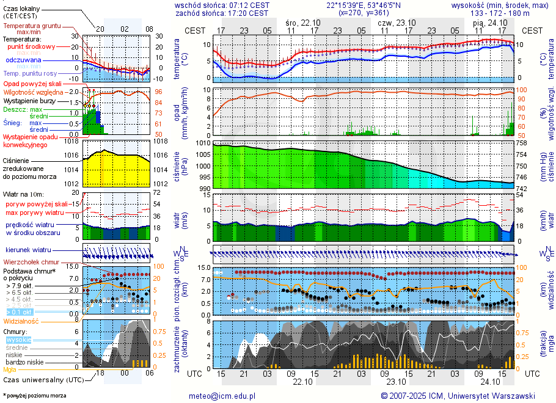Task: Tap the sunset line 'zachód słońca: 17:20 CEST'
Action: (x=222, y=13)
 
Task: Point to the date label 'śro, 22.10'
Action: (x=303, y=22)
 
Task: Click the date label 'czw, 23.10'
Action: (x=397, y=22)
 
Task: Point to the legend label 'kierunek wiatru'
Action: (x=28, y=250)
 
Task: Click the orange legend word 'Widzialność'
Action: (x=21, y=321)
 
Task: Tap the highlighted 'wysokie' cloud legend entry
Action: (x=18, y=339)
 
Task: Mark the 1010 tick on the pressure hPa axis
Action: (x=203, y=143)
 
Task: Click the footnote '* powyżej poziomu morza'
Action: (x=34, y=396)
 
